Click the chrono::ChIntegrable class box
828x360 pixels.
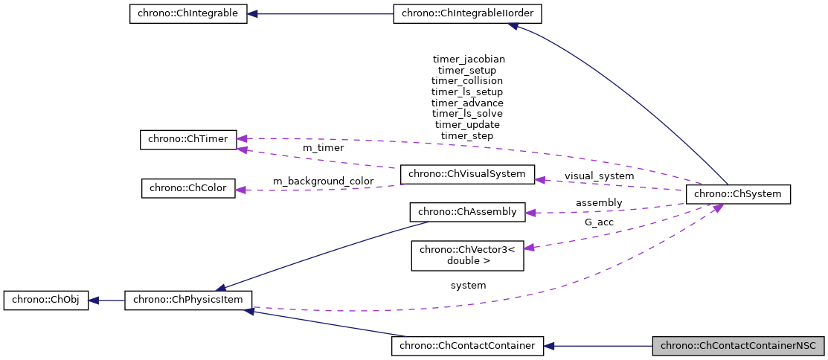188,14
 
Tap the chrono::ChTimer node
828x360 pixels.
188,139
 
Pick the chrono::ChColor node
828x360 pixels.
188,188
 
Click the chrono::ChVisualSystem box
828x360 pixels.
467,175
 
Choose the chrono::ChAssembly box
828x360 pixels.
467,212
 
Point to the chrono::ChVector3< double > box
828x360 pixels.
467,255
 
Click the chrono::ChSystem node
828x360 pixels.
737,194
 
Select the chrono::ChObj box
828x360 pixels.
46,300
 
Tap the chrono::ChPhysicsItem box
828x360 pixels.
188,300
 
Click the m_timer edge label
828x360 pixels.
323,148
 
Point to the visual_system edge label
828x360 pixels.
599,176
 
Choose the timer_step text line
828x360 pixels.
467,135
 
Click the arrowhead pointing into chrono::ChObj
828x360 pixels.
94,300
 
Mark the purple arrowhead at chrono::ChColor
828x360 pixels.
241,190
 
